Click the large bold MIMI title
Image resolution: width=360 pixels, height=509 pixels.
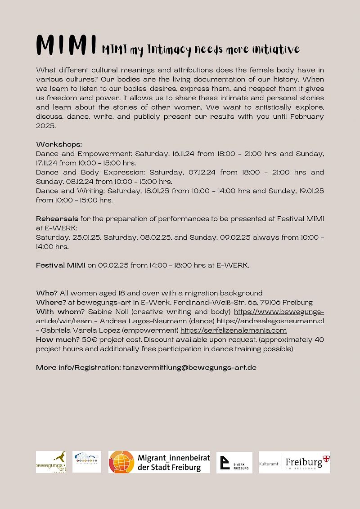point(67,45)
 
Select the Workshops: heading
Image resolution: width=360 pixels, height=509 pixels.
point(59,144)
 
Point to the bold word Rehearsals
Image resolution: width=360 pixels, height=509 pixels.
point(57,219)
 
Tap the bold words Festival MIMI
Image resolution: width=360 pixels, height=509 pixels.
point(60,265)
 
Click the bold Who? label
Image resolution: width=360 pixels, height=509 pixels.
point(46,293)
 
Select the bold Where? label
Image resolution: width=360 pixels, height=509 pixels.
point(51,302)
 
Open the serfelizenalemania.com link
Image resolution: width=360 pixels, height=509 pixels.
point(233,330)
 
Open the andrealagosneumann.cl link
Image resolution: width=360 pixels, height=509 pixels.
point(270,321)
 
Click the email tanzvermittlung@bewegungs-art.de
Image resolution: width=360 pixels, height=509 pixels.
point(189,367)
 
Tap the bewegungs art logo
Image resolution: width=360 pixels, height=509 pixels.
point(50,462)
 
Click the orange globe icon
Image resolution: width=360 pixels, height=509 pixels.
point(121,462)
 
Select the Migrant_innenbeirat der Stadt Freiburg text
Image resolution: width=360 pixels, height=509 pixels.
point(173,462)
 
